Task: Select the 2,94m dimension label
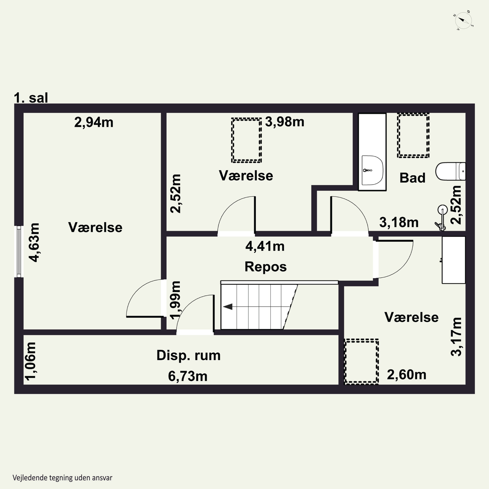[94, 123]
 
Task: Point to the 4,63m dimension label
[34, 243]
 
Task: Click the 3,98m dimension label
[284, 122]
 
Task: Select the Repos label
[266, 267]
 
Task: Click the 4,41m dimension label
[265, 246]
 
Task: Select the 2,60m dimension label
[407, 375]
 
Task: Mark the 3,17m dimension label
[456, 337]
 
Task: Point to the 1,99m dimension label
[175, 300]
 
